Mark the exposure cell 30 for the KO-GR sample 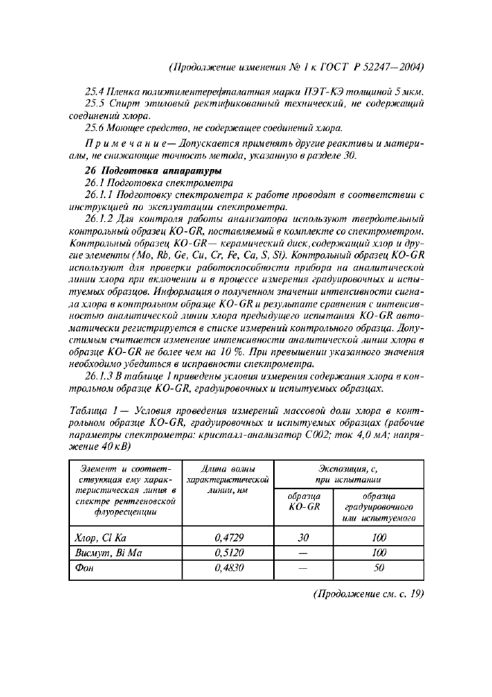point(302,539)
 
